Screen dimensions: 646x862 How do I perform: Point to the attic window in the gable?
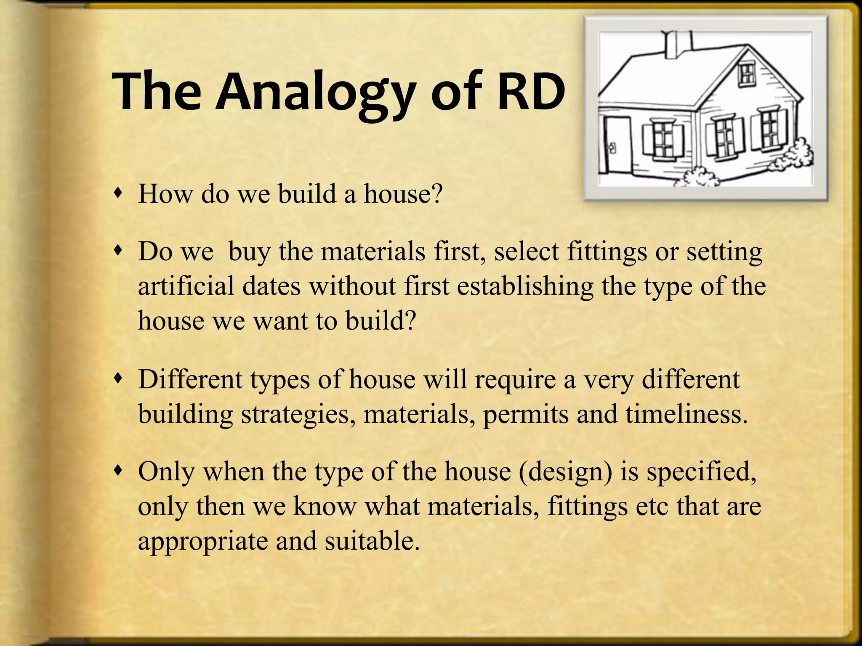(748, 74)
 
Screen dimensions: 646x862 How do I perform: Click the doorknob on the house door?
(612, 148)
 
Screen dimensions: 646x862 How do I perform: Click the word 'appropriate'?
(202, 542)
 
